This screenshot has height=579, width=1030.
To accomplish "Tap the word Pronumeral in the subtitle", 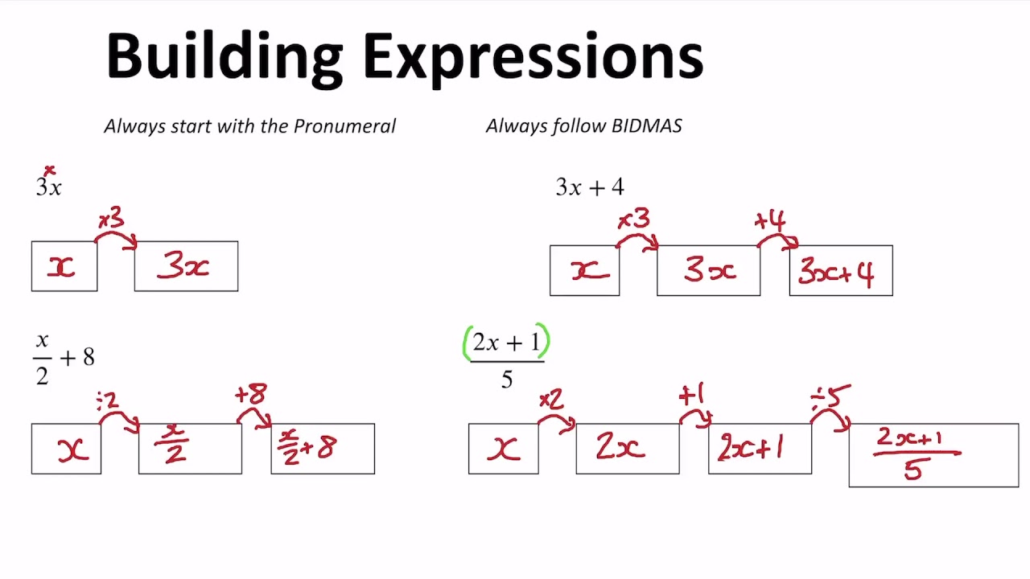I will coord(344,126).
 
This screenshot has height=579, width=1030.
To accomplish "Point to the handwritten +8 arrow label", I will coord(250,394).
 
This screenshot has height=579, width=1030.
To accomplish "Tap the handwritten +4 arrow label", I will coord(770,220).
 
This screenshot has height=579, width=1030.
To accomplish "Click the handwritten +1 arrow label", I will coord(691,395).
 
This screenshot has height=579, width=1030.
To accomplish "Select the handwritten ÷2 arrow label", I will coord(107,400).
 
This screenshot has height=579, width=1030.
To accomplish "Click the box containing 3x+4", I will coord(841,271).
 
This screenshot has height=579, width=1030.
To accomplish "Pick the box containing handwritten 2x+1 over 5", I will coord(933,455).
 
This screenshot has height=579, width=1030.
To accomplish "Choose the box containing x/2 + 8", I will coord(323,449).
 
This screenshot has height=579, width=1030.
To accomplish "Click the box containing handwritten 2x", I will coord(628,449).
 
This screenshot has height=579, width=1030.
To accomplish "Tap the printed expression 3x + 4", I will coord(590,187).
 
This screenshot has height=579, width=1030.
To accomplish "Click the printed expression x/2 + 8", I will coord(64,358).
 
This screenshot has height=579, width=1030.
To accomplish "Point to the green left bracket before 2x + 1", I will coord(467,343).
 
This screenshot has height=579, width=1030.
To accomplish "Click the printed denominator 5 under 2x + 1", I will coord(506,379).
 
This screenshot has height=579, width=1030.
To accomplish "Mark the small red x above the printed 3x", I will coord(50,170).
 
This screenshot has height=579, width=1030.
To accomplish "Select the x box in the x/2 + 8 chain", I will coord(66,449).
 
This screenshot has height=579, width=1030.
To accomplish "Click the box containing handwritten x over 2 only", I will coord(190,449).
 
